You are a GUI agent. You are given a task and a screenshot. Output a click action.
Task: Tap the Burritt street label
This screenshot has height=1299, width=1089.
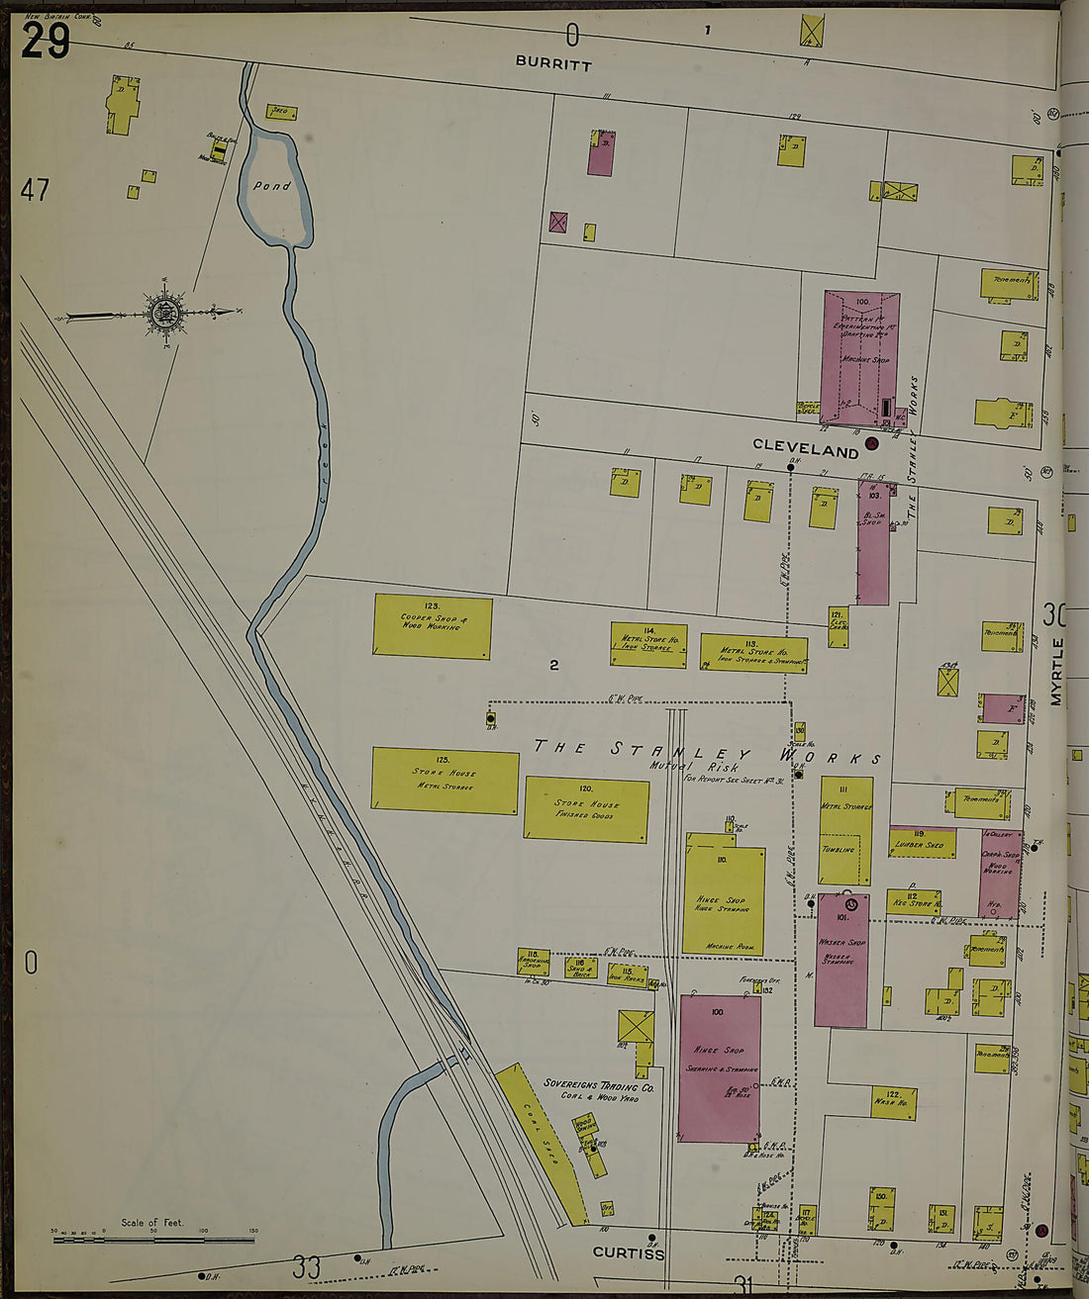553,64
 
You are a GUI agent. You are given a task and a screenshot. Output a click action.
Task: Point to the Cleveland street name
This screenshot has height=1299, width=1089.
805,450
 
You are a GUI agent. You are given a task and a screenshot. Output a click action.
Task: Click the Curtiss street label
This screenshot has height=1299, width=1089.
628,1253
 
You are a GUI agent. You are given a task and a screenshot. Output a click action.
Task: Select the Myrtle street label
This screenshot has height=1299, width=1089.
1056,672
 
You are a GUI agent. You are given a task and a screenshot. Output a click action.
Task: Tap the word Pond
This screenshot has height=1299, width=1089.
271,185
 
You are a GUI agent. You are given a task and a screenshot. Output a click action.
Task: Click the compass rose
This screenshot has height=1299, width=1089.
165,313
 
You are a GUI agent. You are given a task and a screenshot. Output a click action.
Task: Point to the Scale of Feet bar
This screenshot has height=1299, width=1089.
153,1237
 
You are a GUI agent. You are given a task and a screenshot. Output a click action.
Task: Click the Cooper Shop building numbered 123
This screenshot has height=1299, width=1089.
433,626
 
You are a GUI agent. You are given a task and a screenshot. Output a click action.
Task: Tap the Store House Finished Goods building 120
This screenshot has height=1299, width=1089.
586,810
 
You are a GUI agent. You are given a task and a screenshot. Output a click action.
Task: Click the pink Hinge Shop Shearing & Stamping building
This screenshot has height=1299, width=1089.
720,1068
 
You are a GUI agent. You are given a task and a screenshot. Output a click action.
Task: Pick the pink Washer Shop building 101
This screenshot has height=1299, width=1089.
842,960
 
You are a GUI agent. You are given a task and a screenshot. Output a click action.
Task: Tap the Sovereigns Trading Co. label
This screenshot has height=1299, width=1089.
598,1086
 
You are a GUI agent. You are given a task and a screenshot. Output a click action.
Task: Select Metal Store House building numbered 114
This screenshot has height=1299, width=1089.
648,645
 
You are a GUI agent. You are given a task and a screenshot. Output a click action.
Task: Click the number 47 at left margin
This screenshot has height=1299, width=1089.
35,190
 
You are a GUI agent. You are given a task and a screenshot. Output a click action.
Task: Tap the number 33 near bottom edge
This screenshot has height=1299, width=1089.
307,1266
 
